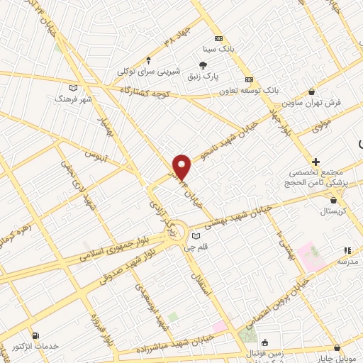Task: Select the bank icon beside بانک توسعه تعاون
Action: [x=249, y=79]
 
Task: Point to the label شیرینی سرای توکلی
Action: [x=148, y=72]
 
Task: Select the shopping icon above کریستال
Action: [x=313, y=200]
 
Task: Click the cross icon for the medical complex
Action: [x=315, y=162]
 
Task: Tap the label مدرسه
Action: [x=347, y=262]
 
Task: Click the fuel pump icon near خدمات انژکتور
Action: [x=35, y=335]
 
